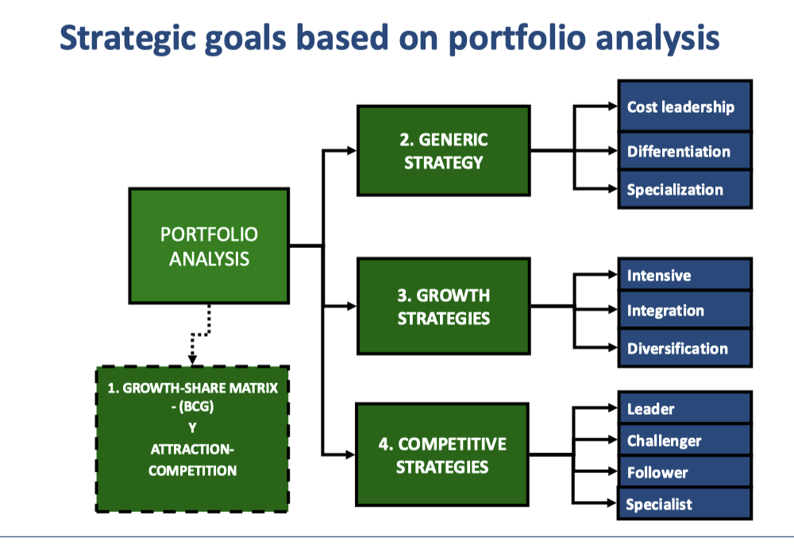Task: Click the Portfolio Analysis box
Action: click(209, 246)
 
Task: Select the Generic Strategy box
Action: click(444, 150)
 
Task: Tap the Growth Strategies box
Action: click(444, 306)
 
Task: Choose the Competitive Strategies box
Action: click(442, 455)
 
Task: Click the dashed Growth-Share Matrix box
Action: click(192, 439)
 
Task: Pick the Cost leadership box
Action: click(685, 106)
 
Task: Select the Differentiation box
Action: click(685, 151)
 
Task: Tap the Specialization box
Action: click(685, 189)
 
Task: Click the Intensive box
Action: click(685, 274)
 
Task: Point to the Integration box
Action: click(685, 310)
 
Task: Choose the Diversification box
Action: click(685, 348)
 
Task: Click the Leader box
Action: click(685, 408)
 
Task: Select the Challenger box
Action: click(685, 440)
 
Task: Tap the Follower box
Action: click(685, 471)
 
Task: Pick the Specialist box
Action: click(685, 503)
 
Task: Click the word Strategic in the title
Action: click(128, 38)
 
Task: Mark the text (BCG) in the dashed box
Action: click(196, 407)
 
